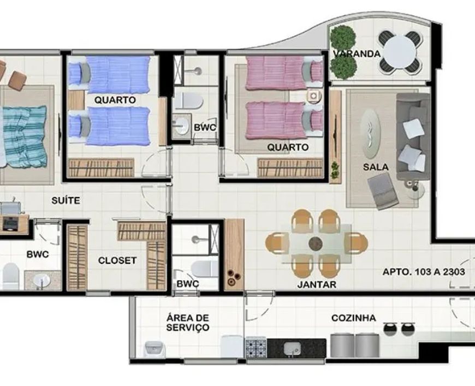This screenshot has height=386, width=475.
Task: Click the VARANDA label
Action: click(357, 54)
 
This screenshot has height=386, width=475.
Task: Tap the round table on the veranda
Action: click(400, 52)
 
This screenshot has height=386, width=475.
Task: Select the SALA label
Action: click(376, 167)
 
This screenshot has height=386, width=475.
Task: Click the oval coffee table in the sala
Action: click(371, 134)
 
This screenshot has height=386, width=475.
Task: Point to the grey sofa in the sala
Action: click(413, 136)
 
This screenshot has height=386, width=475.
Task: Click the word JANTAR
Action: click(317, 284)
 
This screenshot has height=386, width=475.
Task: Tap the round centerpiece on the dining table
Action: click(316, 244)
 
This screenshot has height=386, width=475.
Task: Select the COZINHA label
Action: click(354, 318)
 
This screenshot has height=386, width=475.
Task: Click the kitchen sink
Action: click(292, 348)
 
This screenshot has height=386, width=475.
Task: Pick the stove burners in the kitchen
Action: click(256, 348)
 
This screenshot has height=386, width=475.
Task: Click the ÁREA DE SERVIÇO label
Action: click(188, 323)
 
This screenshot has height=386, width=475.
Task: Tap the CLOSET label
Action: click(117, 260)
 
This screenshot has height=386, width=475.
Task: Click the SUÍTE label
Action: click(66, 200)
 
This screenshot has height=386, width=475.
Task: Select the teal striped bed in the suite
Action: click(23, 136)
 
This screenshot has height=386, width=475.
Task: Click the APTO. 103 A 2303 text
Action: click(424, 272)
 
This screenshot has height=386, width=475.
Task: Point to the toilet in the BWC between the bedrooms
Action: click(188, 100)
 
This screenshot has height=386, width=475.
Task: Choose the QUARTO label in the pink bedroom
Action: click(288, 147)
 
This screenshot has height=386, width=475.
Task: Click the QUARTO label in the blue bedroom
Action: click(115, 100)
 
